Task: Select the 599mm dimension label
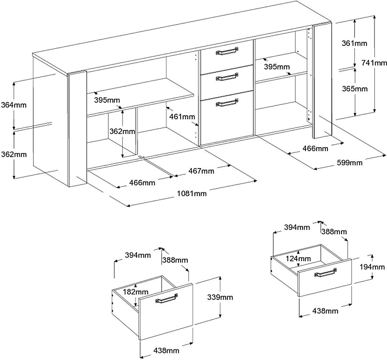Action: pos(350,163)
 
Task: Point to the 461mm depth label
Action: pos(182,117)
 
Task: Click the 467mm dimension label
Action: pos(201,171)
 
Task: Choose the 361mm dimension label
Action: pos(354,43)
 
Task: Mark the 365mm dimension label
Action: pos(355,89)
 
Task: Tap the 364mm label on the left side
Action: pos(14,105)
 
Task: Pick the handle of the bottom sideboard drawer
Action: pos(227,103)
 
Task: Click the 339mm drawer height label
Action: pos(220,297)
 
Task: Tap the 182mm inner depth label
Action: pos(136,292)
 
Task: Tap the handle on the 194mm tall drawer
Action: pos(325,273)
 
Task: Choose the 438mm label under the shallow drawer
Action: pos(325,311)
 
